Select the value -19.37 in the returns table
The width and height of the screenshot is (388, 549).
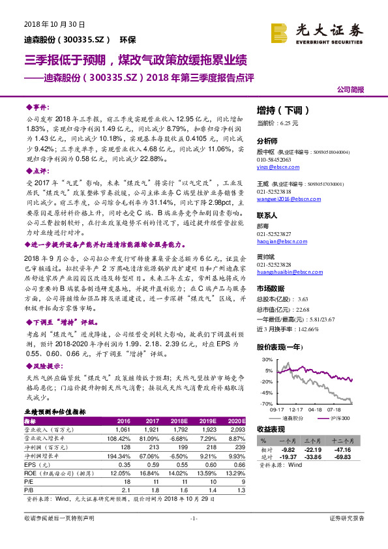(288, 458)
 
